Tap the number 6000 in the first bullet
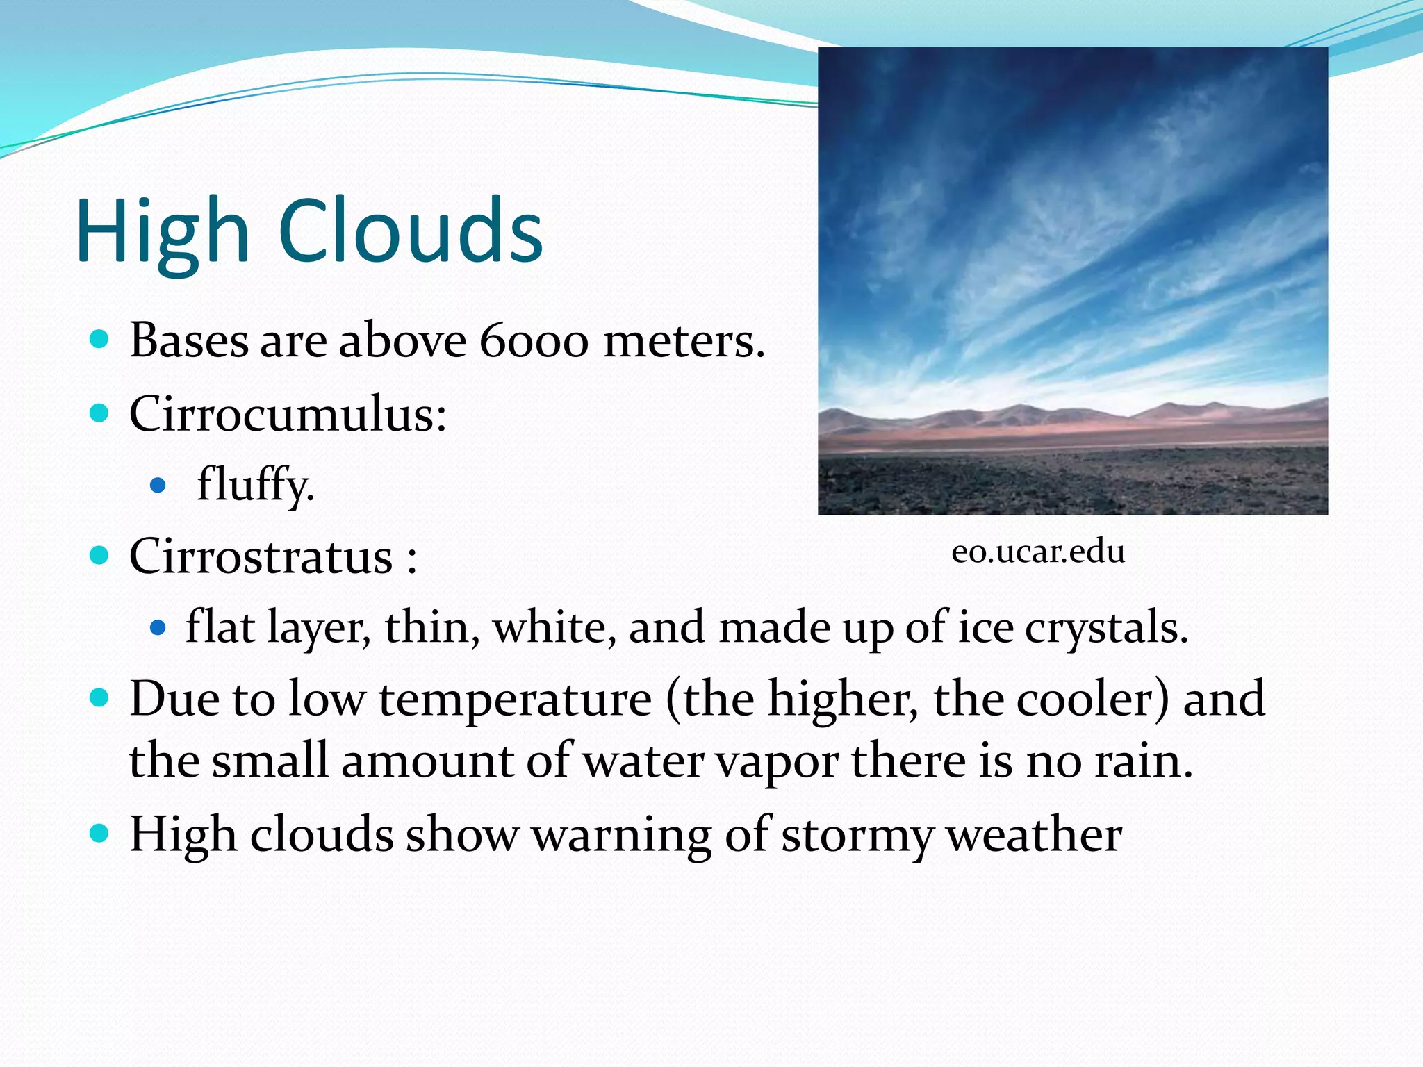tap(534, 341)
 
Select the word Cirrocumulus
tap(287, 414)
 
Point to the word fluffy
tap(255, 485)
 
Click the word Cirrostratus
tap(261, 556)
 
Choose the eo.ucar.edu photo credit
tap(1038, 552)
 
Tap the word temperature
tap(515, 700)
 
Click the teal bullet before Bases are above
tap(100, 340)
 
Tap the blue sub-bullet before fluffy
tap(158, 485)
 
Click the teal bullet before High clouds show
tap(100, 833)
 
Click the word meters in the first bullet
tap(684, 341)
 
